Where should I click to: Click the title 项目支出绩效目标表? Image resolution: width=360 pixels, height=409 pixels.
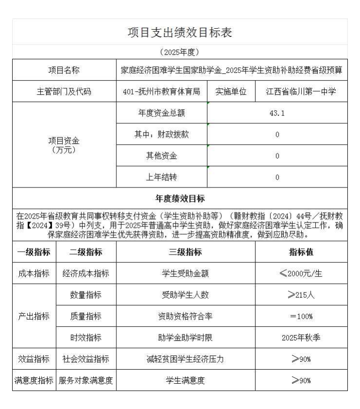(180, 33)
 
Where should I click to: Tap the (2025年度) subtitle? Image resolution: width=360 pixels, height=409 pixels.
(180, 51)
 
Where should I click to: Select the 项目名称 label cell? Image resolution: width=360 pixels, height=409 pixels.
(64, 70)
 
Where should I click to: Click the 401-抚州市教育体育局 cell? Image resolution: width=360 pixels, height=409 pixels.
(162, 91)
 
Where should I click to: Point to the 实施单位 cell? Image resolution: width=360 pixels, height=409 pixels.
(231, 91)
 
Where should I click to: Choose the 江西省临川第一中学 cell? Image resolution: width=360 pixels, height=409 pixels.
(301, 91)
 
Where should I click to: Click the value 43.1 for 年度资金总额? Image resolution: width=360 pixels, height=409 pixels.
(277, 113)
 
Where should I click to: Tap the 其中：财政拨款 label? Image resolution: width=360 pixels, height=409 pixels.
(162, 135)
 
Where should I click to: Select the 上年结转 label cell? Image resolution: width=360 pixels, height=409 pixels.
(162, 177)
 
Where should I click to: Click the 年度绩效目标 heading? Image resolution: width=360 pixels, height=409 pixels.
(180, 198)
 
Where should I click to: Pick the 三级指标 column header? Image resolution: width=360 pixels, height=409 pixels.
(185, 252)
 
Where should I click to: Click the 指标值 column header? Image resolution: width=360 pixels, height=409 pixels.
(301, 252)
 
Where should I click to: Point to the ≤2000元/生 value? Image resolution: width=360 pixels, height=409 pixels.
(301, 273)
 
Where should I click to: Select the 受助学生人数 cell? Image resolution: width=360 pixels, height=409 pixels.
(185, 295)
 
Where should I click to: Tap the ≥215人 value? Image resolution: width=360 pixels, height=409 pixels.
(301, 295)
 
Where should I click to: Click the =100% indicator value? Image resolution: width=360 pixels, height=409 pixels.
(301, 316)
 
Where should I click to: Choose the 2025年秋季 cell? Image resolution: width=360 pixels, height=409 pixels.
(301, 338)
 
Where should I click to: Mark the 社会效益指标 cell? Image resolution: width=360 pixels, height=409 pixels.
(86, 359)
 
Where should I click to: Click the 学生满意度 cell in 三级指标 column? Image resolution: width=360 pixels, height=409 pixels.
(185, 380)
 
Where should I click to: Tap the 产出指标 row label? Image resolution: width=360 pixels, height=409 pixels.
(34, 316)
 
